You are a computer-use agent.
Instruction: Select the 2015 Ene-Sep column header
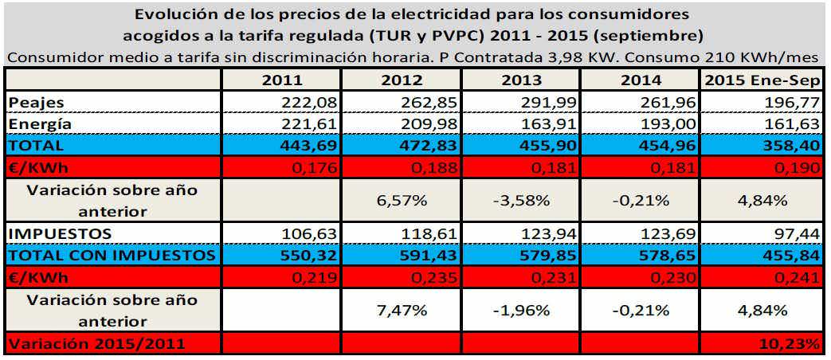pyautogui.click(x=762, y=80)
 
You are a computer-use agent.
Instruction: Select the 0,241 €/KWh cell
pyautogui.click(x=799, y=276)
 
